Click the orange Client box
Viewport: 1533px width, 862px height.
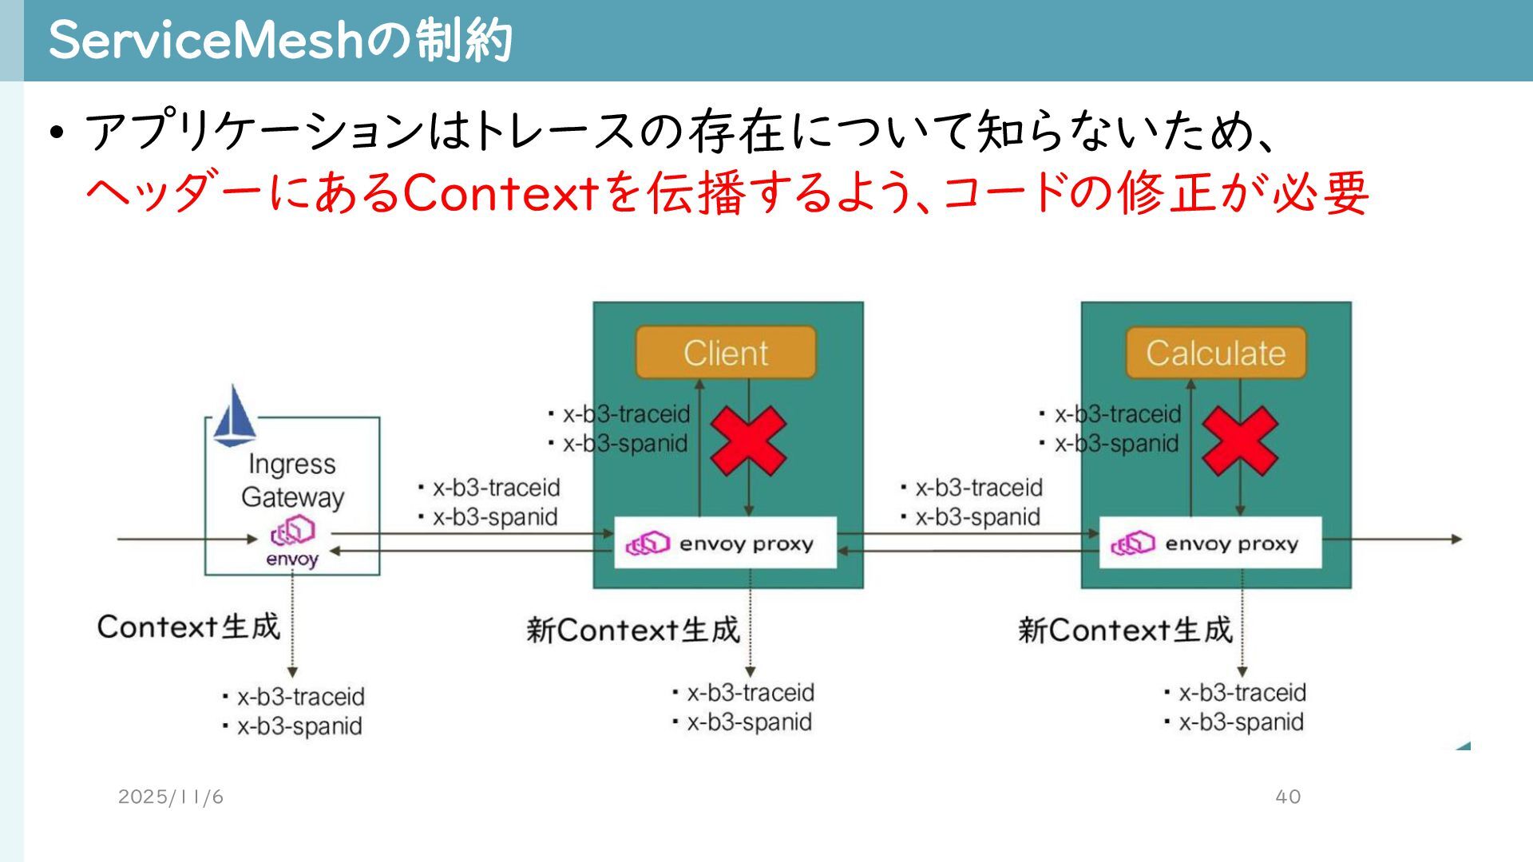[725, 352]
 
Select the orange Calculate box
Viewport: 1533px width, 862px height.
[1215, 352]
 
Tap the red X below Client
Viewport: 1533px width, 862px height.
[748, 441]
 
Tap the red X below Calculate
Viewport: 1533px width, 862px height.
[1239, 441]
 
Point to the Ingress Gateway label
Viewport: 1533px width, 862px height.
[292, 480]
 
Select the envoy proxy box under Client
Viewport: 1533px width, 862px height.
[725, 543]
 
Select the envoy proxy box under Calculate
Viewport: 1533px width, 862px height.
[1210, 543]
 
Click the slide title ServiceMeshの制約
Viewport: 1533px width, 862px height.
[279, 40]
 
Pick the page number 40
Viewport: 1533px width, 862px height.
[1288, 797]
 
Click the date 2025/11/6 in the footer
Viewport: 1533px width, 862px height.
[170, 797]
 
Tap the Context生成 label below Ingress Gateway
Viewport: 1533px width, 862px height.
[188, 627]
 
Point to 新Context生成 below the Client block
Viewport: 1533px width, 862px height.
[633, 631]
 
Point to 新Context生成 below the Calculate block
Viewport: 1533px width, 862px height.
[1125, 631]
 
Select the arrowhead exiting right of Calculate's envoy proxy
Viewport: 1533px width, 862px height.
[1456, 540]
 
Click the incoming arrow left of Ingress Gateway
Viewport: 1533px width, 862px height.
[184, 539]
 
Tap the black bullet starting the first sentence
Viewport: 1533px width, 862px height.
[55, 132]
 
